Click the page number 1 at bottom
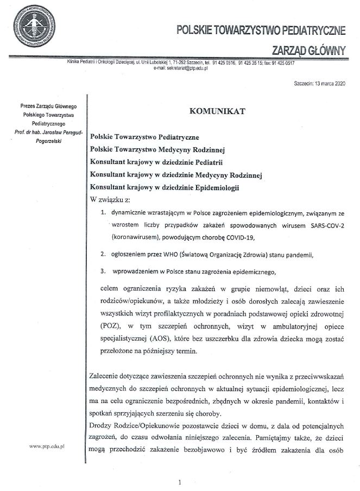pyautogui.click(x=179, y=482)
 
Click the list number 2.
pyautogui.click(x=103, y=255)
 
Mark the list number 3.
pyautogui.click(x=103, y=271)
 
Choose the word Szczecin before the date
pyautogui.click(x=303, y=85)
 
